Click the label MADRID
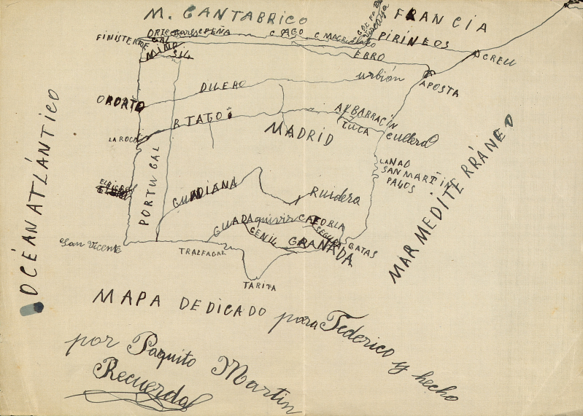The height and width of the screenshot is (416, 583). tap(298, 133)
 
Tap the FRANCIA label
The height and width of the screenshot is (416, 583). tap(440, 20)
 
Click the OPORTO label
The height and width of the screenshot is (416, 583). tap(120, 104)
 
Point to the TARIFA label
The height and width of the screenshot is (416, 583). tap(260, 287)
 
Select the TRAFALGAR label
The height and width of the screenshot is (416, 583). tap(202, 252)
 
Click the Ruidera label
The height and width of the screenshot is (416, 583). tap(335, 195)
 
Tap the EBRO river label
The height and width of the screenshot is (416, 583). tap(368, 55)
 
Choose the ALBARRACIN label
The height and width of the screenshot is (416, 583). tap(366, 114)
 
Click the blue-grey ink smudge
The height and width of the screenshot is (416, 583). tap(31, 309)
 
